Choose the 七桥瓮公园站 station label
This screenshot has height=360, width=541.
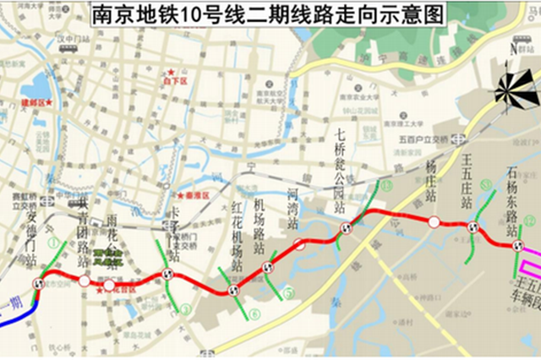[340, 169]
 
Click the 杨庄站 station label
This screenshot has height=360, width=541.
[432, 182]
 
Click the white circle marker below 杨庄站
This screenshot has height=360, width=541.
[433, 222]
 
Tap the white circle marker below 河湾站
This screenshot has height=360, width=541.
[299, 245]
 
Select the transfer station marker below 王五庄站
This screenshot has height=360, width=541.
[473, 228]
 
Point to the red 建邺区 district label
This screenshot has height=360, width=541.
[36, 103]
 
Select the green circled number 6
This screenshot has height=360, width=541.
[254, 314]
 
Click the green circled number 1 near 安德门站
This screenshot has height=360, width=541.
[53, 243]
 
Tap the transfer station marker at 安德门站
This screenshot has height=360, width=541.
[36, 284]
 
